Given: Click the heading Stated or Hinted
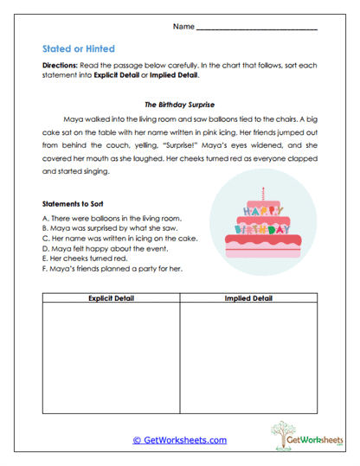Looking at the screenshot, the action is pyautogui.click(x=79, y=49).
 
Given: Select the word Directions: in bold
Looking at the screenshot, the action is pyautogui.click(x=61, y=66).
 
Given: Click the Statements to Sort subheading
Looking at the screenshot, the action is pyautogui.click(x=73, y=204).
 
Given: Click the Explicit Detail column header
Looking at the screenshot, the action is pyautogui.click(x=109, y=298).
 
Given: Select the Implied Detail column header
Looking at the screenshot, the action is pyautogui.click(x=247, y=298).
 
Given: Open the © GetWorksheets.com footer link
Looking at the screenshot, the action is pyautogui.click(x=179, y=439).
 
